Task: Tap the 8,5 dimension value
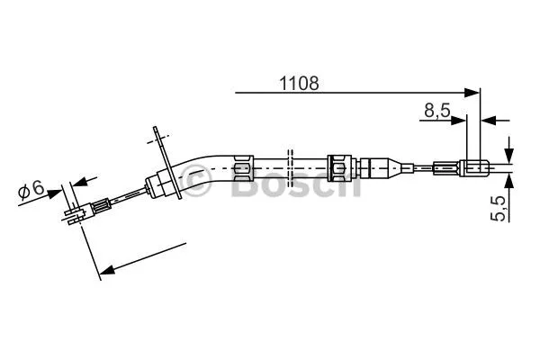click(437, 110)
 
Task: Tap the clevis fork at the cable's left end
click(76, 211)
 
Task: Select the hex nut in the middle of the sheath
click(340, 166)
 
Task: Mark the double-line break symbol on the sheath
click(289, 166)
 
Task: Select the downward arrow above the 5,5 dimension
click(509, 149)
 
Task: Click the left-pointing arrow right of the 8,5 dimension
click(490, 119)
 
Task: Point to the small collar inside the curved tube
click(240, 166)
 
